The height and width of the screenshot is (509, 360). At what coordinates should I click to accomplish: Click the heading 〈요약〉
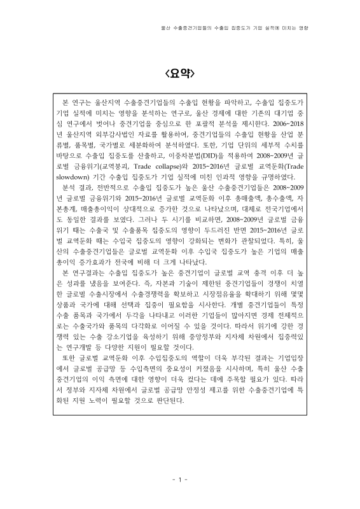[180, 72]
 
